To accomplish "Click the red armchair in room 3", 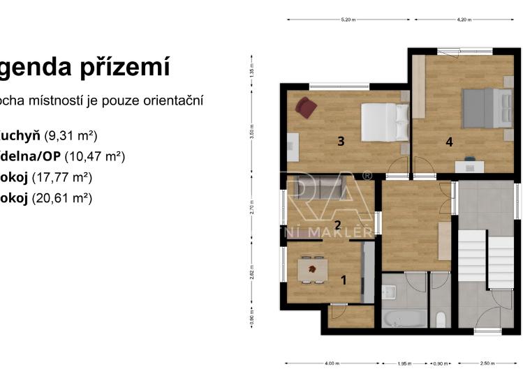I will click(x=306, y=107).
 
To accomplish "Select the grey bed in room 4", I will click(x=487, y=108).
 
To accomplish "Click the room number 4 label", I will click(x=450, y=142).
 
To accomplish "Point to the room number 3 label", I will click(x=341, y=142).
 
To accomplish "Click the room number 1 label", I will click(x=343, y=280).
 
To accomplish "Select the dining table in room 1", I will click(x=311, y=269).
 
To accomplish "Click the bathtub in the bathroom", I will click(x=403, y=319).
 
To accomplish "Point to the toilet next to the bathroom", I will click(x=441, y=319).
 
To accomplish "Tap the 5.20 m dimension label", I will click(x=348, y=20).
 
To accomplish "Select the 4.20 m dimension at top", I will click(x=464, y=20).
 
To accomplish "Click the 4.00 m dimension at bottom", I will click(x=332, y=363).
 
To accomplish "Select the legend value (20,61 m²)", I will click(x=62, y=198).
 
